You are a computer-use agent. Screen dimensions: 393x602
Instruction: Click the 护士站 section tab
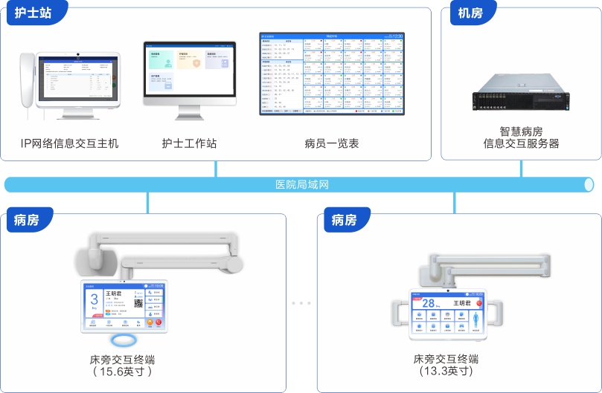coord(33,13)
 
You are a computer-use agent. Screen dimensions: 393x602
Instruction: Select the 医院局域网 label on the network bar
coord(302,184)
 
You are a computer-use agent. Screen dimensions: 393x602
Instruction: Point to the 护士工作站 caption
coord(189,143)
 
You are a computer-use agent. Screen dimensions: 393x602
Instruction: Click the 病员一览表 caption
coord(332,143)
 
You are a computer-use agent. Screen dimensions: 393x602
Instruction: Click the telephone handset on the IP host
coord(28,82)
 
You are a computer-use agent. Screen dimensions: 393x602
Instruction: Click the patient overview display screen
coord(331,74)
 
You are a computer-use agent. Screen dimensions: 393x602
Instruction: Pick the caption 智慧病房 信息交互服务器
coord(521,137)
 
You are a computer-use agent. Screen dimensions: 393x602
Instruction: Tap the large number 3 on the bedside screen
coord(95,301)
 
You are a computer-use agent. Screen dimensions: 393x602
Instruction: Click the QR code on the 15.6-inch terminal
coord(138,302)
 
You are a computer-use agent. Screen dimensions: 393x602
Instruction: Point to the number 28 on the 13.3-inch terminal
coord(429,302)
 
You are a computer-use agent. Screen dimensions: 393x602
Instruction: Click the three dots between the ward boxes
coord(301,303)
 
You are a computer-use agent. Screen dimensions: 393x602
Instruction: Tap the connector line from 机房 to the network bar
coord(521,169)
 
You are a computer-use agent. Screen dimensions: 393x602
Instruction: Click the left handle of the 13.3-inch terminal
coord(402,317)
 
